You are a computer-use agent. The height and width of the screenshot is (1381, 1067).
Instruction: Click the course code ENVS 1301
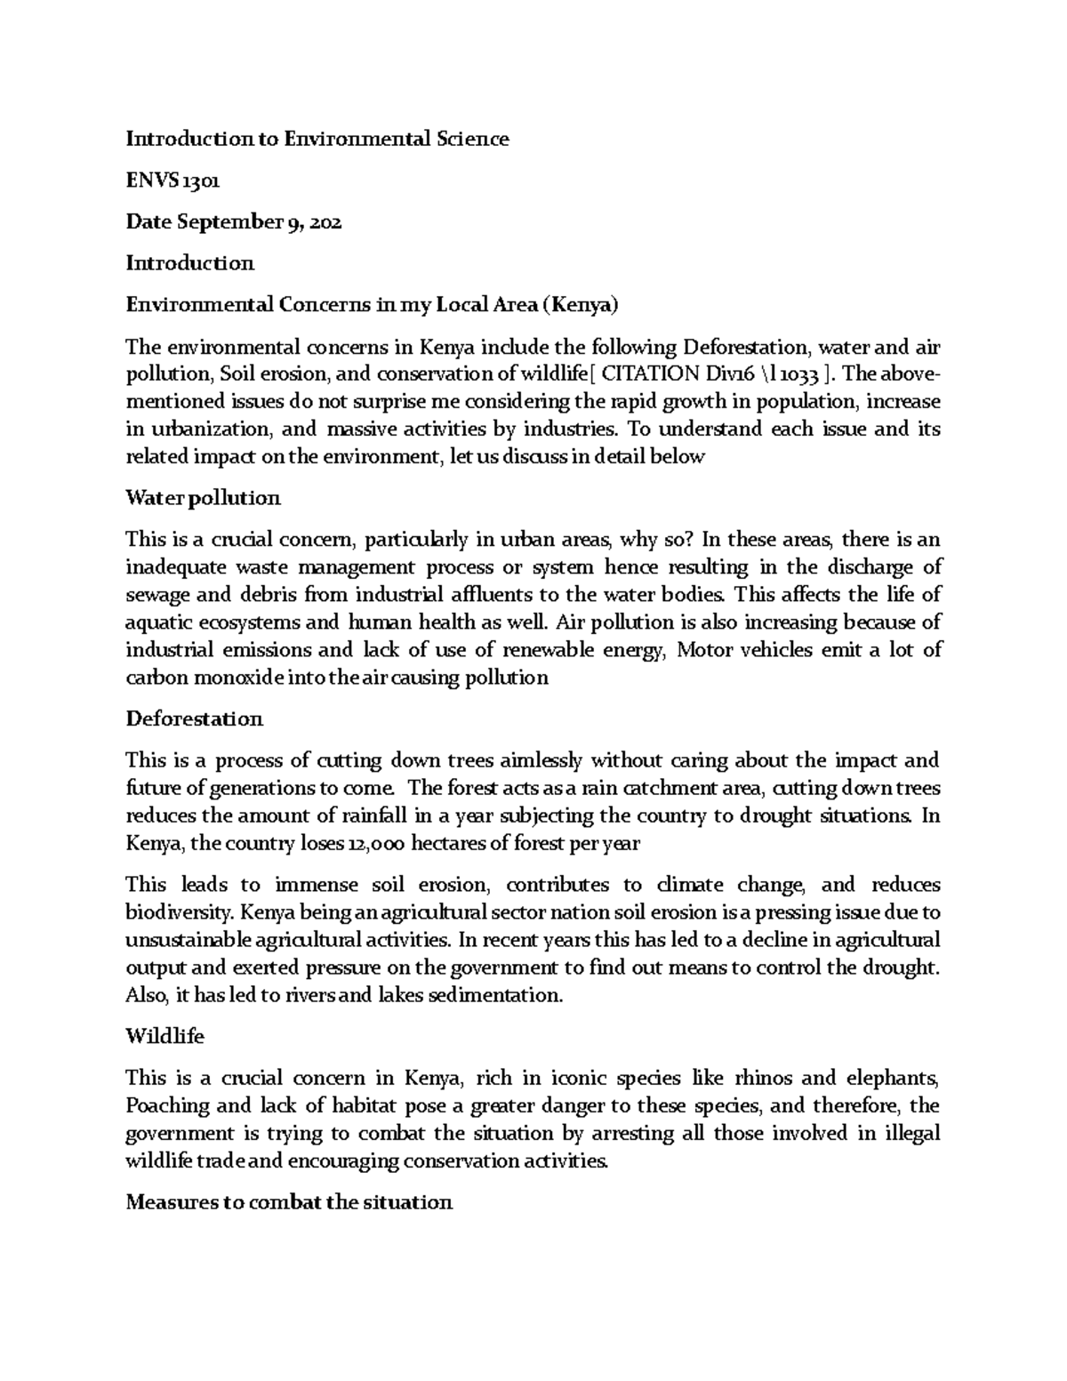172,181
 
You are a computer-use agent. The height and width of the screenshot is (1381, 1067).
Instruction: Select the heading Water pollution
203,498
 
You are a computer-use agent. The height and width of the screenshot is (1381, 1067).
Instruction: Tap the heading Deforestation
194,719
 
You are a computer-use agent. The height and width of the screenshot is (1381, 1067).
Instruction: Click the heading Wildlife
164,1037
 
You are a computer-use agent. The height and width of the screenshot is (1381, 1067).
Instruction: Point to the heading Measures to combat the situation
289,1203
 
